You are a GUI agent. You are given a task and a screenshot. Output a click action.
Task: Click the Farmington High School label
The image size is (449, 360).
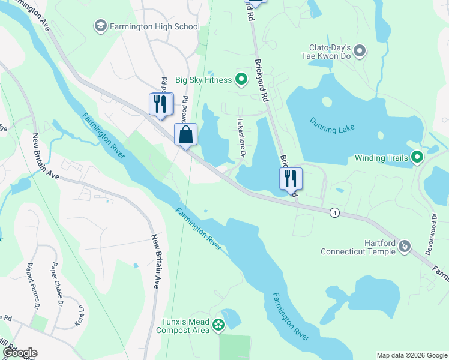(x=154, y=26)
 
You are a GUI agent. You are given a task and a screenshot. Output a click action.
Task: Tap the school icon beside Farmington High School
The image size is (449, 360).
(x=100, y=26)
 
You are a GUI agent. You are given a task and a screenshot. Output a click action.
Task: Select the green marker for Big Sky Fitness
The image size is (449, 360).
(x=241, y=79)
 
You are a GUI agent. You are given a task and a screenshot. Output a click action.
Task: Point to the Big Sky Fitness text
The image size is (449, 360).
(x=203, y=80)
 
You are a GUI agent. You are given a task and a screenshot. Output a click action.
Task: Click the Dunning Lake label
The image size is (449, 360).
(x=333, y=125)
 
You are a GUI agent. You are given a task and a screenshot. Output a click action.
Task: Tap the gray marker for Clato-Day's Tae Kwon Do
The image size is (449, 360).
(x=360, y=51)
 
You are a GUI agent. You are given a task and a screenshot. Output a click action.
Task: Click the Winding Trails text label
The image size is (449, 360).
(x=381, y=158)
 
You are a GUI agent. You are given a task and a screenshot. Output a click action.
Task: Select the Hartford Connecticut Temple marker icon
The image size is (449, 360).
(x=405, y=245)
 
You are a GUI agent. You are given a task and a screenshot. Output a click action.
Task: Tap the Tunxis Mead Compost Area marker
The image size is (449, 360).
(x=218, y=326)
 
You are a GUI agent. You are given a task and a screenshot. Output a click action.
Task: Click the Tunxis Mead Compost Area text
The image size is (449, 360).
(x=183, y=326)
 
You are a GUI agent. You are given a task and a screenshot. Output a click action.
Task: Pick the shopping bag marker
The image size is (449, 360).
(x=185, y=133)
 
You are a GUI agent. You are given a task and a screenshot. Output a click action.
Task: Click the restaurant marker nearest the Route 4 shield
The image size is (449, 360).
(x=291, y=178)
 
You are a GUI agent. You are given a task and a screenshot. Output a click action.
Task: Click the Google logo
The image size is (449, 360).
(x=19, y=353)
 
